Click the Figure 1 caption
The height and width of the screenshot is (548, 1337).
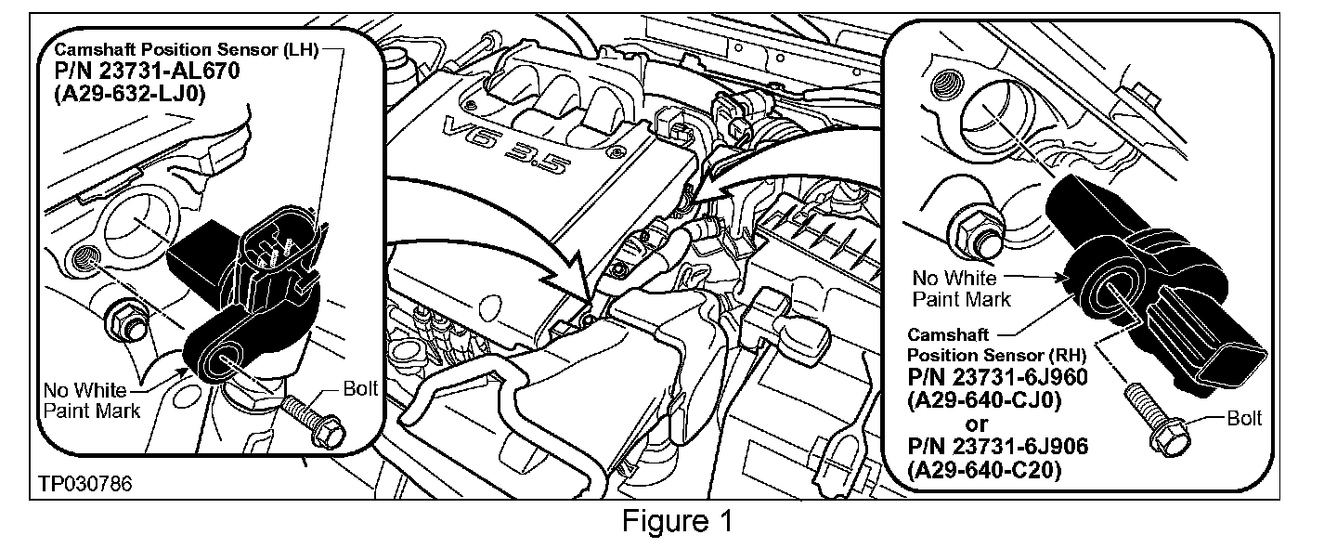coord(677,521)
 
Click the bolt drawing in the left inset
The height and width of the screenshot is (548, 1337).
coord(310,419)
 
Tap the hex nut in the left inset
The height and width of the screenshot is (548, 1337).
coord(126,320)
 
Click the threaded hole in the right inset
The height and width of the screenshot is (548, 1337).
coord(948,83)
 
